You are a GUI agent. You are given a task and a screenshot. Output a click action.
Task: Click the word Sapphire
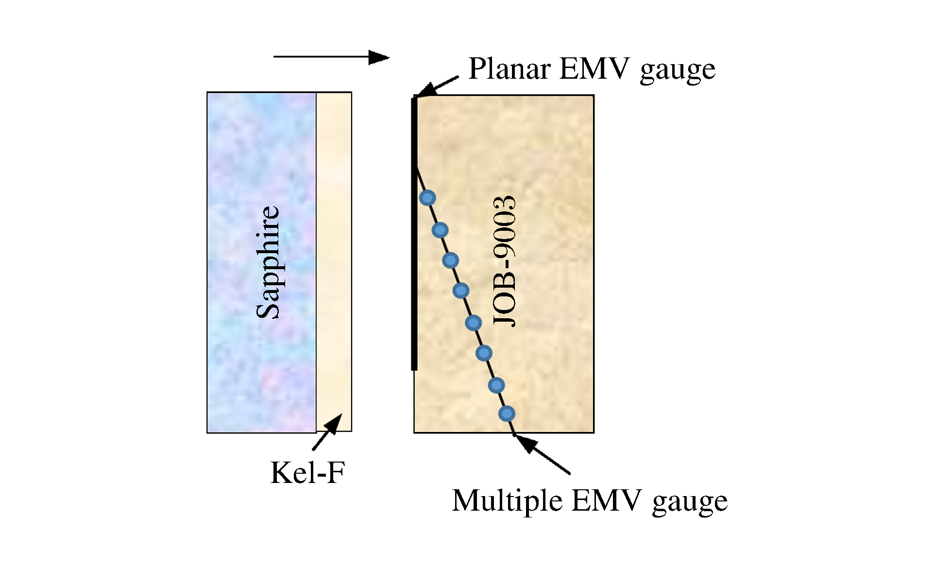pyautogui.click(x=268, y=262)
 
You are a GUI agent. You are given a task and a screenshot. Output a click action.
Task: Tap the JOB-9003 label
pyautogui.click(x=504, y=261)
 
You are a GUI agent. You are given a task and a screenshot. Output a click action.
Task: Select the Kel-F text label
pyautogui.click(x=307, y=472)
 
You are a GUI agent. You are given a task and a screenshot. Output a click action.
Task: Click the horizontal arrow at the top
pyautogui.click(x=331, y=57)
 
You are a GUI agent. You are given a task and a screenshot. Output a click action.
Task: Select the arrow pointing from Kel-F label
pyautogui.click(x=327, y=431)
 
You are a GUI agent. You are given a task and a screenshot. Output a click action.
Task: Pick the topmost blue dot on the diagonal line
pyautogui.click(x=427, y=198)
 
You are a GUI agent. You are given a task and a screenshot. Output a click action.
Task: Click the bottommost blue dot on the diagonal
pyautogui.click(x=507, y=414)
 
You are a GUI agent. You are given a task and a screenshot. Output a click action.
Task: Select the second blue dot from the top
pyautogui.click(x=440, y=230)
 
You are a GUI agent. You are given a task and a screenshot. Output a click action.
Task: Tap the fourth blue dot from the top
pyautogui.click(x=461, y=291)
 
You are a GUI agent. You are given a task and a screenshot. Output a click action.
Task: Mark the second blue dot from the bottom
pyautogui.click(x=496, y=385)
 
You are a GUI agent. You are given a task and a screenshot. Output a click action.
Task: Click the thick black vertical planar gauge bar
pyautogui.click(x=414, y=234)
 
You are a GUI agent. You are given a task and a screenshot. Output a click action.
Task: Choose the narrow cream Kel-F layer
pyautogui.click(x=334, y=262)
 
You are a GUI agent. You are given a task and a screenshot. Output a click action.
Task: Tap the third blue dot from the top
pyautogui.click(x=451, y=260)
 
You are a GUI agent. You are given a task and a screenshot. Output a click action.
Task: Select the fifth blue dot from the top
pyautogui.click(x=473, y=323)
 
